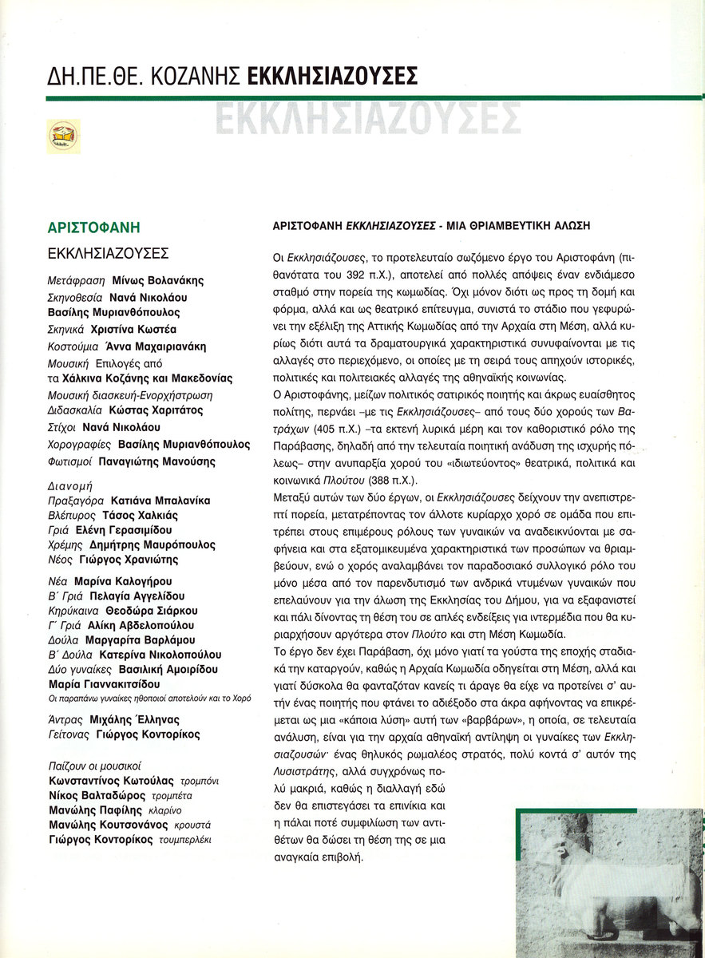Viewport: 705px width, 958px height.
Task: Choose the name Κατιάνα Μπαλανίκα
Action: point(160,501)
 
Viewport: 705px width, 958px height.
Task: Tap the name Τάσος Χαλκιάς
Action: point(141,515)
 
